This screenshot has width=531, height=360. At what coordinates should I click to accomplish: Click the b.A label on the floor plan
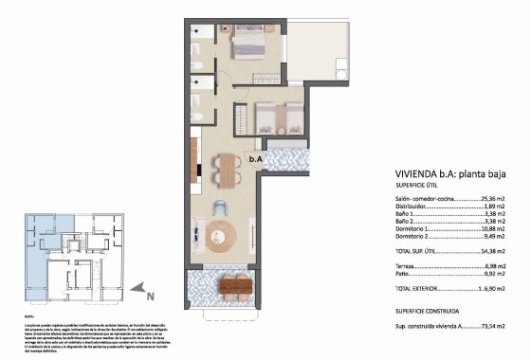pyautogui.click(x=255, y=160)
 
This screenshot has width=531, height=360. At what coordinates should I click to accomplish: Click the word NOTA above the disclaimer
pyautogui.click(x=28, y=315)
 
